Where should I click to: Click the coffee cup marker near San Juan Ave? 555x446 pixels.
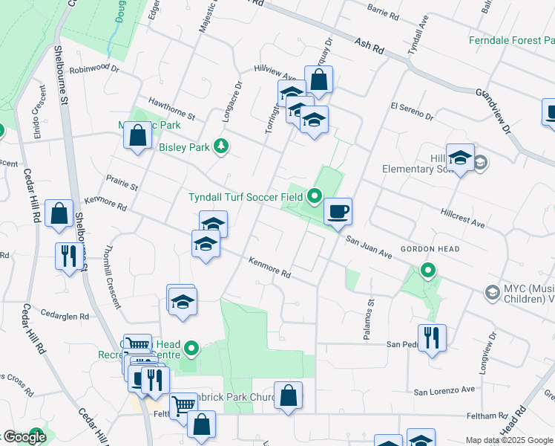(x=338, y=213)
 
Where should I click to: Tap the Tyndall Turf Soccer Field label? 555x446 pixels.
(x=246, y=197)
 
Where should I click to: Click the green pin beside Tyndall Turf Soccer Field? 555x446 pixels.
(x=314, y=197)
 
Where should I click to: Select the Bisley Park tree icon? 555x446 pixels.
(x=220, y=146)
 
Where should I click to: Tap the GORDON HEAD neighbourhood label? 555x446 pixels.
(x=430, y=249)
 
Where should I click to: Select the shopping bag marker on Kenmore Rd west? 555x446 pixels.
(x=59, y=215)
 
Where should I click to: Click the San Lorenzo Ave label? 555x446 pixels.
(x=444, y=390)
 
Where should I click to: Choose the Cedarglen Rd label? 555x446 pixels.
(x=65, y=314)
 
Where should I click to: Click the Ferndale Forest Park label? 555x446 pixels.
(x=511, y=40)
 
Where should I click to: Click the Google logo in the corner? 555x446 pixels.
(x=24, y=438)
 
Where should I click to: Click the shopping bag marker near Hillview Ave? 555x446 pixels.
(x=318, y=80)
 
